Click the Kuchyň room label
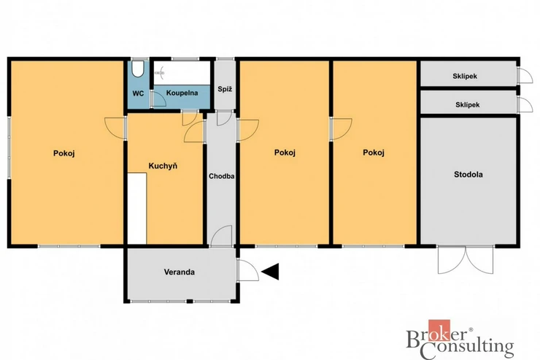[x=163, y=166]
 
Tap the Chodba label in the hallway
[x=221, y=176]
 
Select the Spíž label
[x=225, y=89]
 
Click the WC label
[x=138, y=93]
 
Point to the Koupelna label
[x=182, y=93]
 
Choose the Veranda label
[x=179, y=272]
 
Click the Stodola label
[x=468, y=175]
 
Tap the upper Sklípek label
[x=465, y=76]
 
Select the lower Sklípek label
[x=468, y=104]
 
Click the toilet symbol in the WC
[x=138, y=69]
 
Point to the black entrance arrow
[x=270, y=272]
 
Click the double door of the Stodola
[x=466, y=260]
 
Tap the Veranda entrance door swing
[x=248, y=270]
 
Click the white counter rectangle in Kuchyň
[x=137, y=209]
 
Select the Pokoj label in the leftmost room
[x=64, y=153]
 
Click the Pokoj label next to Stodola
[x=374, y=153]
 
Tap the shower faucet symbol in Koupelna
[x=160, y=73]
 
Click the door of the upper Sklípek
[x=525, y=75]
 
